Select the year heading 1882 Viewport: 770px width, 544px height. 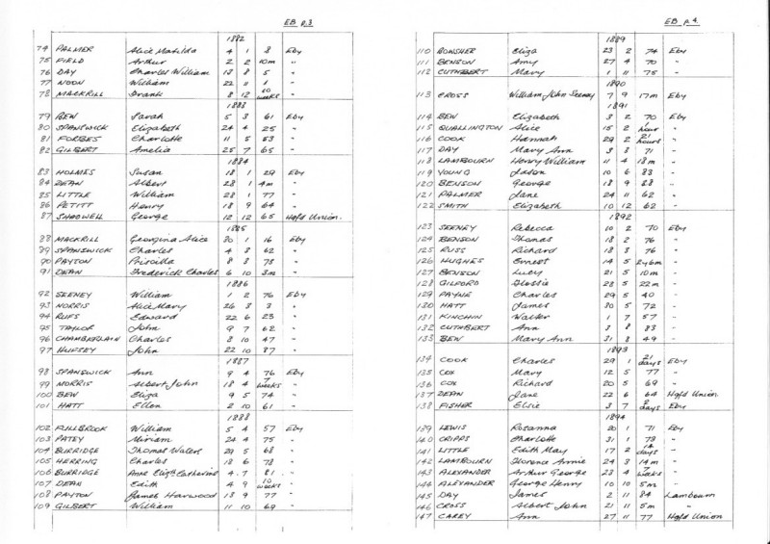coord(232,38)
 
